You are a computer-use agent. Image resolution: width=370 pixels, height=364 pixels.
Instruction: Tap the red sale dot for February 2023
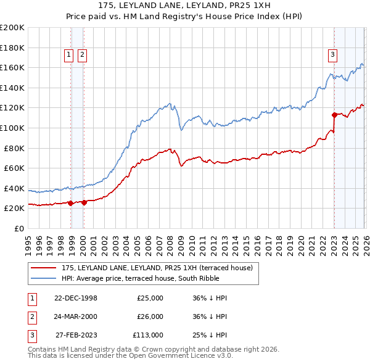(334, 115)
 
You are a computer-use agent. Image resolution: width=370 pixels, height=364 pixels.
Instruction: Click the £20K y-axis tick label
(14, 209)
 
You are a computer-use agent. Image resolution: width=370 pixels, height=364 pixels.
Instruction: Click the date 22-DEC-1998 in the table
(75, 298)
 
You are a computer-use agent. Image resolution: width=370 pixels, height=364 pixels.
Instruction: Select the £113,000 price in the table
(147, 335)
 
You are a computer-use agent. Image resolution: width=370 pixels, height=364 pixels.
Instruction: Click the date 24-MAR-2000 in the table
(75, 316)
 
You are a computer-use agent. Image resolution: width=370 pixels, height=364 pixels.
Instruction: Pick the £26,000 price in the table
(149, 316)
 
